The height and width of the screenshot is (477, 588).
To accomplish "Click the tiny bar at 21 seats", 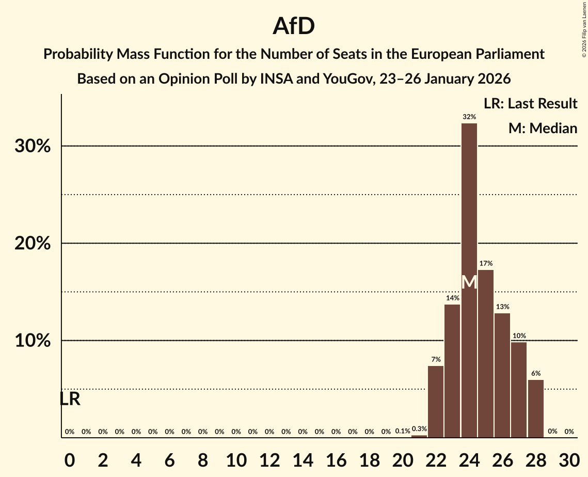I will click(419, 436).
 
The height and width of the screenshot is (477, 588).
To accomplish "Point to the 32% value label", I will click(469, 117).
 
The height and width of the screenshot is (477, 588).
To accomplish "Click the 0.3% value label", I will click(419, 429).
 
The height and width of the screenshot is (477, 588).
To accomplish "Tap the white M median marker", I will click(469, 282).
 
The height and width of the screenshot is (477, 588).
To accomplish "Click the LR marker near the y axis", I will click(70, 399).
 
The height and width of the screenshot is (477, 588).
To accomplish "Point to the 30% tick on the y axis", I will click(33, 147).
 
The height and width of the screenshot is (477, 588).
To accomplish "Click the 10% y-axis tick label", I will click(33, 341).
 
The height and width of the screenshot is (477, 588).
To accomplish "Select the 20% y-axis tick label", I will click(33, 244).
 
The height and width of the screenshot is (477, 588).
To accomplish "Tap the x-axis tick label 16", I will click(336, 458).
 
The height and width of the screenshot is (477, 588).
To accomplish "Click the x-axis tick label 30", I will click(569, 458).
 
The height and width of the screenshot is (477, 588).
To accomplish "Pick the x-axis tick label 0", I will click(70, 458).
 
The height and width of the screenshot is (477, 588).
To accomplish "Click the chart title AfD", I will click(294, 26).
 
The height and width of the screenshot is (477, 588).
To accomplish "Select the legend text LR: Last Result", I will click(530, 104).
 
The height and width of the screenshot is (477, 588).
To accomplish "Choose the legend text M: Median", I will click(543, 128).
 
